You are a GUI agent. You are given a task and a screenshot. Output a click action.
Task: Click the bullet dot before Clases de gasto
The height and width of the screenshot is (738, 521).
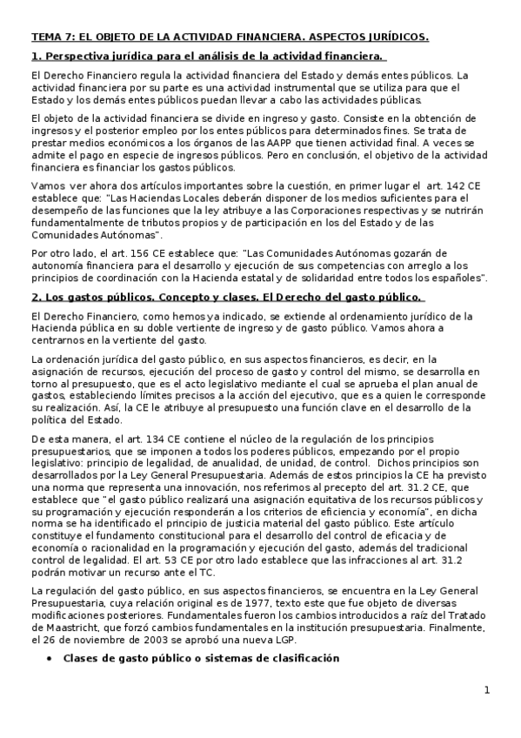[48, 659]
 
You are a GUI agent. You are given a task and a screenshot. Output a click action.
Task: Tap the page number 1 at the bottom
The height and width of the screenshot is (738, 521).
[487, 691]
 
